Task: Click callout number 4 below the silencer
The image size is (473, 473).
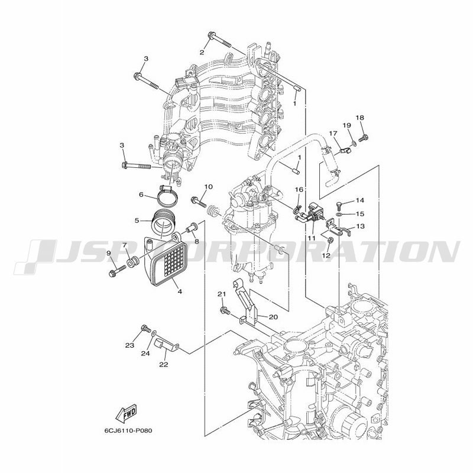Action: pyautogui.click(x=180, y=291)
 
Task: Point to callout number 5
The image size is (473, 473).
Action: pyautogui.click(x=137, y=221)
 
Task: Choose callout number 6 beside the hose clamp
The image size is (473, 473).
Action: pyautogui.click(x=141, y=195)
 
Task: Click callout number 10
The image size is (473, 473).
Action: pyautogui.click(x=208, y=187)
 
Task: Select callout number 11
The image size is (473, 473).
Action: pyautogui.click(x=312, y=238)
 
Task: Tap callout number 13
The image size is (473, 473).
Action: pyautogui.click(x=360, y=226)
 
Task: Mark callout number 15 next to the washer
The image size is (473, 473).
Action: pyautogui.click(x=360, y=214)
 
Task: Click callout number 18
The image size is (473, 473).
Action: pyautogui.click(x=360, y=118)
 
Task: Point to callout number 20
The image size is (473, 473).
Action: pyautogui.click(x=273, y=317)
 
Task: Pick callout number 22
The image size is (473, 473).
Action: pyautogui.click(x=164, y=365)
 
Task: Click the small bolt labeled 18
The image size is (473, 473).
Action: pyautogui.click(x=364, y=138)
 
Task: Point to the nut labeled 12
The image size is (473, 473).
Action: pyautogui.click(x=331, y=241)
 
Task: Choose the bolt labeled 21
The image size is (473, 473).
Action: pyautogui.click(x=225, y=310)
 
